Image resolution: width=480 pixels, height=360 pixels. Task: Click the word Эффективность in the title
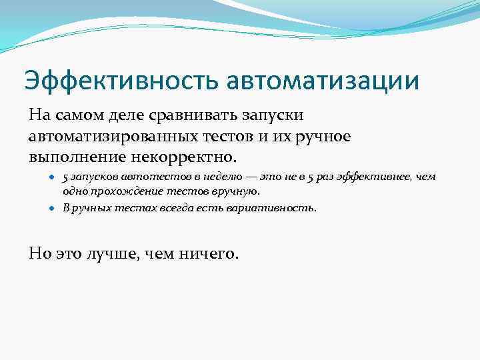coord(121,80)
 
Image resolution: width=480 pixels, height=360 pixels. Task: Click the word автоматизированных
coord(113,137)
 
